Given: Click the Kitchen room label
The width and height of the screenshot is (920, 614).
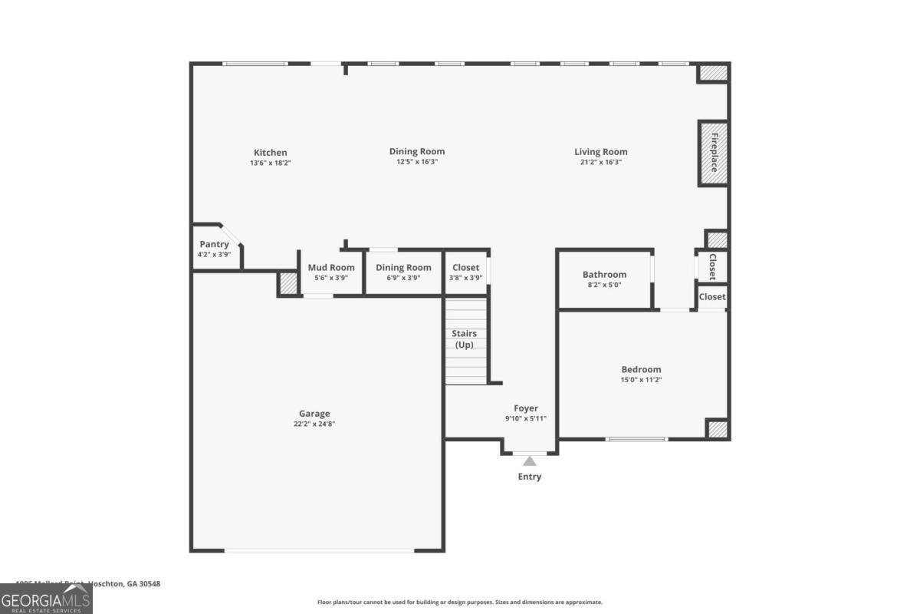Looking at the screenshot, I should coord(271,153).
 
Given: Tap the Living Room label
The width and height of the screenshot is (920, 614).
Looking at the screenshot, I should coord(601,152).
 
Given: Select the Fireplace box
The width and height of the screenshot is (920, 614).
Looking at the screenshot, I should coord(712,153).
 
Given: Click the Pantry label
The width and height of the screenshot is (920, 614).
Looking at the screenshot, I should coord(214,244).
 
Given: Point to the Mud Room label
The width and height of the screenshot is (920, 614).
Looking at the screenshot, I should coord(331,267).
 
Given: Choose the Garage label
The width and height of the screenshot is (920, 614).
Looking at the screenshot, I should coord(314,414).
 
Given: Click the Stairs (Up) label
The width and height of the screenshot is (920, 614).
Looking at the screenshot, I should coord(464,338).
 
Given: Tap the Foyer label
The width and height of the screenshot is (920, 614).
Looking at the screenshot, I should coord(526,408).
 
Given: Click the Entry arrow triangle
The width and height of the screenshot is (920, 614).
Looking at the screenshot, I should coord(529,460).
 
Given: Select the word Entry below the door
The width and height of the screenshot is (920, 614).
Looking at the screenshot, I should coord(529,477).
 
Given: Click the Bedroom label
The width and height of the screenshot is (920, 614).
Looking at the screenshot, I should coord(641,369).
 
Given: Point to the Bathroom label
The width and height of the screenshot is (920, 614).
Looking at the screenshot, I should coord(604,274).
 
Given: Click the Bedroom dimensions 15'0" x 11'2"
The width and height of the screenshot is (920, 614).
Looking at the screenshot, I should coord(641,380).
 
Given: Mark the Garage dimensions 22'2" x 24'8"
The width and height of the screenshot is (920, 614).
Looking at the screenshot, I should coord(314,424).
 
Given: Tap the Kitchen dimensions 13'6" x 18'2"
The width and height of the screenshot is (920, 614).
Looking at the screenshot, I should coord(271,163).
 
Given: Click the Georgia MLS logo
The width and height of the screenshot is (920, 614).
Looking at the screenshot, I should coord(46,599).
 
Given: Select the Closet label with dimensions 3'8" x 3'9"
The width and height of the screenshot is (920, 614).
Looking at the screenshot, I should coord(465,268).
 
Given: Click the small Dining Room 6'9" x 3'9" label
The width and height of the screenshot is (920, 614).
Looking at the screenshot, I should coord(403,268).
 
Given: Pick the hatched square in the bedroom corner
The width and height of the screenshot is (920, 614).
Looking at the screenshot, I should coord(716,428).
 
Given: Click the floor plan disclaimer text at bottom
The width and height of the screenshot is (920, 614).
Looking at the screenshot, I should coord(460,602).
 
